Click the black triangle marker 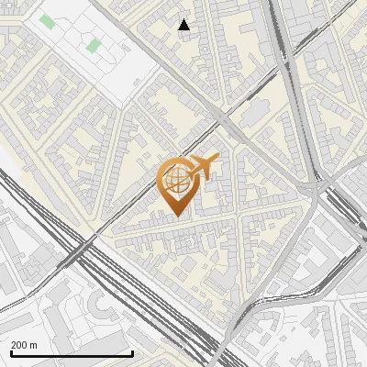point(184,25)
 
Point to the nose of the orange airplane point(216,161)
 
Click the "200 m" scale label point(25,345)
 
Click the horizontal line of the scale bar point(72,353)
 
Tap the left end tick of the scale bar point(10,351)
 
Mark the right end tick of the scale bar point(133,351)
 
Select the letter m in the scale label point(34,346)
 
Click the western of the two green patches point(47,21)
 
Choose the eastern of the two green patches point(93,45)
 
